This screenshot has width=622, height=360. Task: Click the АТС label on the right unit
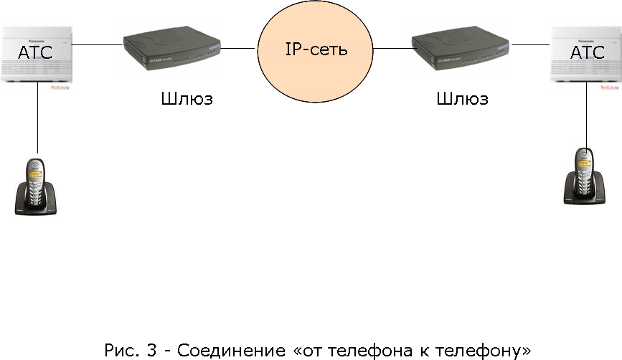588,52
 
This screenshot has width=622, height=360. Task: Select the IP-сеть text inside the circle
316,50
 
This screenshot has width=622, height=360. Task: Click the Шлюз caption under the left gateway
187,99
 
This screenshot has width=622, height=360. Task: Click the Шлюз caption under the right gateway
463,99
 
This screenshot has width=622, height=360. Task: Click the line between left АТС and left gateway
97,45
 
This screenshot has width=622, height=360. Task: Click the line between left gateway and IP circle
239,49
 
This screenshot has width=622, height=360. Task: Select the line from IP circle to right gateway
391,49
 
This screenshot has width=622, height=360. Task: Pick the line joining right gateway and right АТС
531,45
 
